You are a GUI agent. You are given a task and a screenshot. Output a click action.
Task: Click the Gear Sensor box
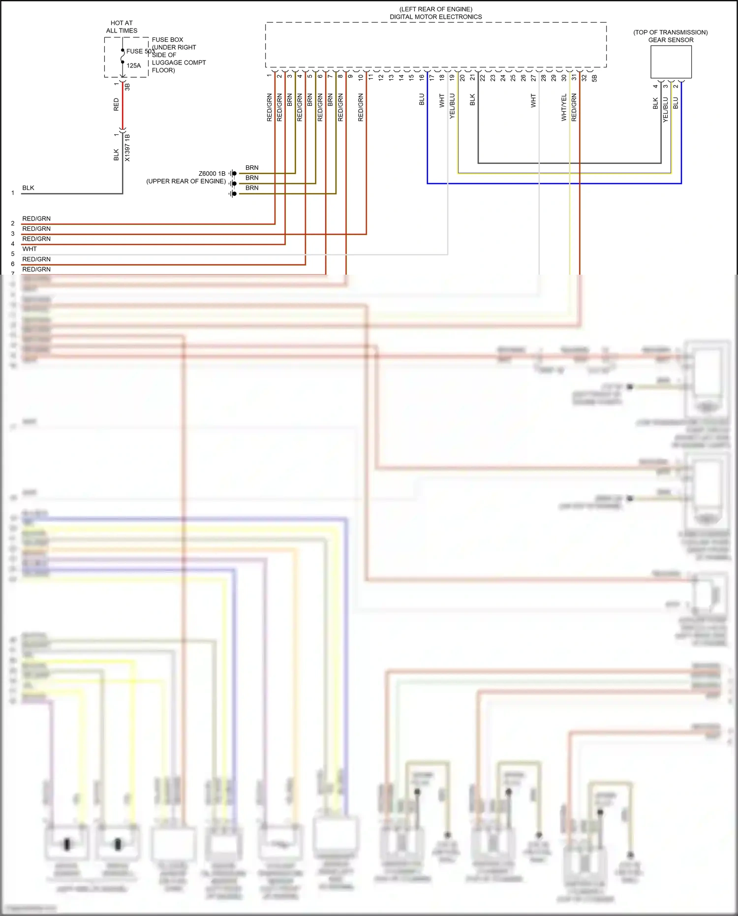click(x=671, y=62)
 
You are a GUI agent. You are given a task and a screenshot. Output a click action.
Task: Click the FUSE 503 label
click(x=140, y=51)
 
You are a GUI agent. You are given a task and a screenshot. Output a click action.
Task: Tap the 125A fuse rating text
click(x=133, y=65)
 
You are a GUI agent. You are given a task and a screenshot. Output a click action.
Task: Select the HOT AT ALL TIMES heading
click(x=122, y=27)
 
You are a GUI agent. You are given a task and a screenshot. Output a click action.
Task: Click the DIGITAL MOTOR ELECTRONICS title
click(x=435, y=17)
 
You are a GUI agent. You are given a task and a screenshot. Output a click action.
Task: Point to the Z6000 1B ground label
click(x=212, y=174)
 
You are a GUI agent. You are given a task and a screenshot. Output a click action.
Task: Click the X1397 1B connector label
click(x=127, y=147)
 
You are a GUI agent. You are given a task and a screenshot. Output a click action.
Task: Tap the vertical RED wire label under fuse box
click(x=117, y=104)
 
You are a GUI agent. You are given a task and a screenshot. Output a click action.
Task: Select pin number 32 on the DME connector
click(x=584, y=78)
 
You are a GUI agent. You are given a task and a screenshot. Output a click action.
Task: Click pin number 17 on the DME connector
click(x=431, y=78)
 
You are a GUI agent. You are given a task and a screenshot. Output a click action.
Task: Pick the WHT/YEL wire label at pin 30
click(x=564, y=108)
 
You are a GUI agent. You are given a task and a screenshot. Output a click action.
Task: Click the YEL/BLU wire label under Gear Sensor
click(x=665, y=110)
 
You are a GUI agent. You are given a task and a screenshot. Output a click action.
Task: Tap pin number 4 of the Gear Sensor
click(x=655, y=87)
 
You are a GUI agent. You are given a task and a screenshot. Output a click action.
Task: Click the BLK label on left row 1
click(x=28, y=188)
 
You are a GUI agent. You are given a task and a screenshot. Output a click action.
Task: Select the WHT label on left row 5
click(x=30, y=249)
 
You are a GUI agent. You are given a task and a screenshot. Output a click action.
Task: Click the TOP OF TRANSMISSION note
click(x=670, y=32)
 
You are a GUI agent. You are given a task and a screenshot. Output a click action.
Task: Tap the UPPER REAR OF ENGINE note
click(x=186, y=182)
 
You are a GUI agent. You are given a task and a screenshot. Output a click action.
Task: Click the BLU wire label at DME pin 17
click(x=422, y=100)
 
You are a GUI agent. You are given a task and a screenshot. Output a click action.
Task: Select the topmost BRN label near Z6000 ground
click(x=252, y=168)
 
